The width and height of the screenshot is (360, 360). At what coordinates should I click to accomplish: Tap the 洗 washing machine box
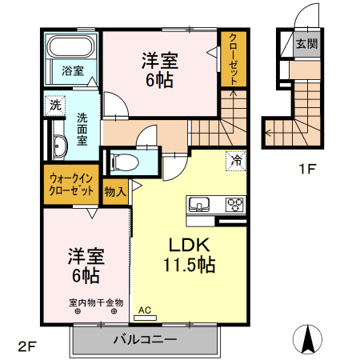pos(54,104)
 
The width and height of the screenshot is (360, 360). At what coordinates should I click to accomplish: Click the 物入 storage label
pos(115,191)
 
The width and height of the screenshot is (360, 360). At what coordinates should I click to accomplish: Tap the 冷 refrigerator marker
pos(236,159)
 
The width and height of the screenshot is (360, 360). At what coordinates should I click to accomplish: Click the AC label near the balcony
pos(145,310)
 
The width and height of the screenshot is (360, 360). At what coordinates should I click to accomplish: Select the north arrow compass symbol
pos(307,339)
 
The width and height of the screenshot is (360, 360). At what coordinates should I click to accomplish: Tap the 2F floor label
pos(28,346)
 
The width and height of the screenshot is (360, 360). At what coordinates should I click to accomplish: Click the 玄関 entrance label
pos(306,44)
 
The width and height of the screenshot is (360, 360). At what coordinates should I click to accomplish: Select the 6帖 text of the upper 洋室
pos(160,80)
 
